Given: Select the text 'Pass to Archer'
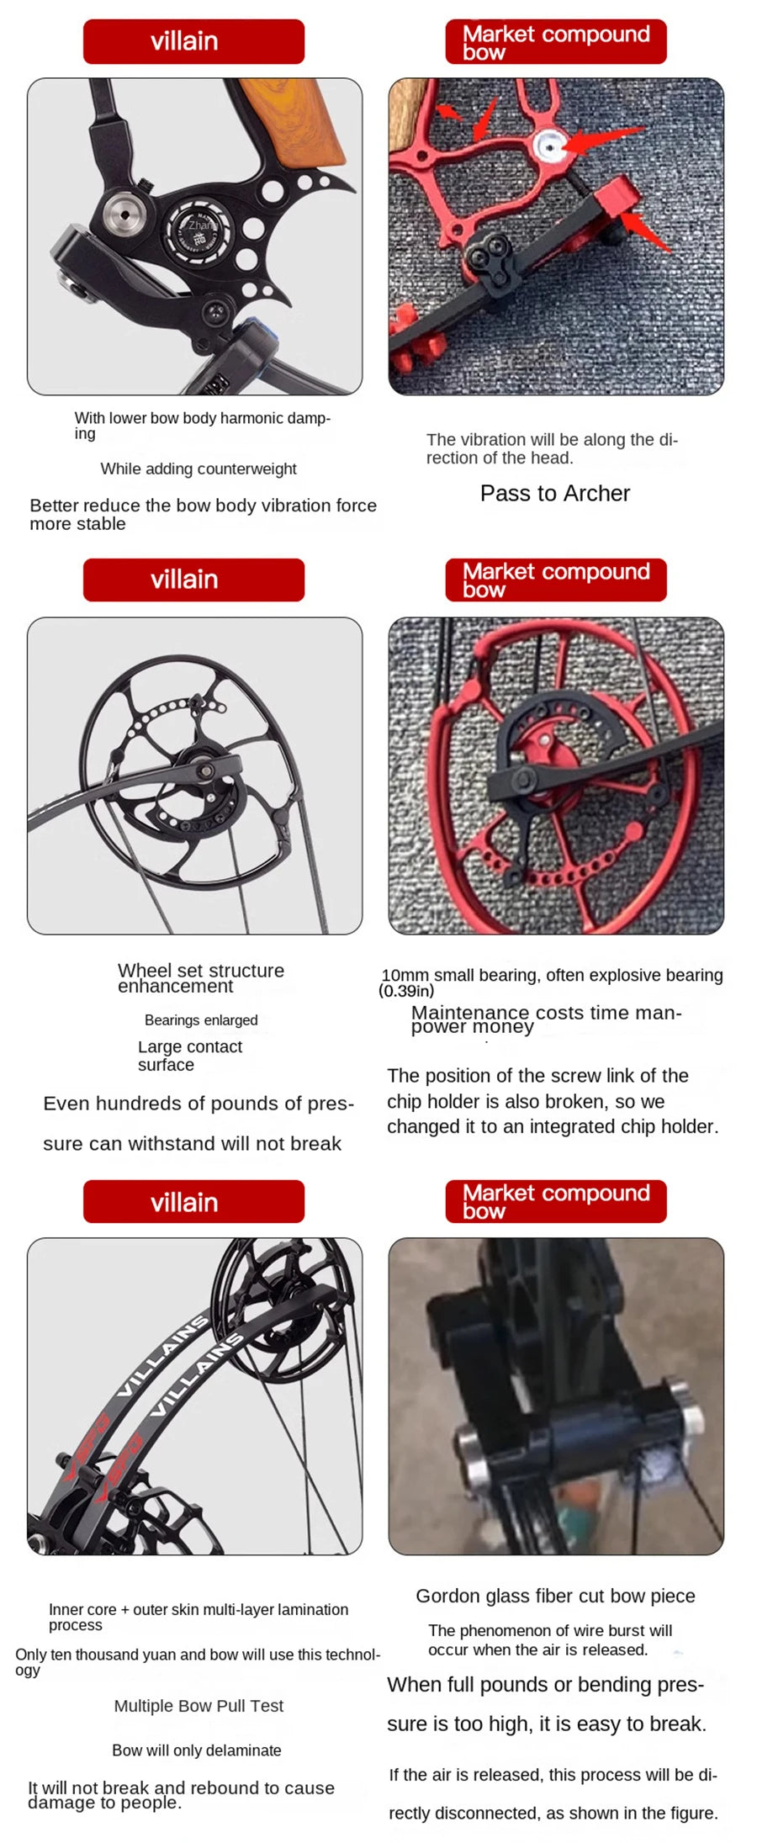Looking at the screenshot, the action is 555,493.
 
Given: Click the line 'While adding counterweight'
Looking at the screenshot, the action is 199,469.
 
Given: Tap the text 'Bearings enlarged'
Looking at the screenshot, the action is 201,1019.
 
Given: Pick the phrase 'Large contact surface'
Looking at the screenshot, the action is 190,1055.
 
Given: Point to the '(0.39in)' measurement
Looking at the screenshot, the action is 406,991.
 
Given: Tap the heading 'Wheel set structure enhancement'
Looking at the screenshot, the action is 201,977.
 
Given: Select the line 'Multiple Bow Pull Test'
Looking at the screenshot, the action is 199,1705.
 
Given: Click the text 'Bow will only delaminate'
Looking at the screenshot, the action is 197,1750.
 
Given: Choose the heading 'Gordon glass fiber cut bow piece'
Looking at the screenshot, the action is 555,1596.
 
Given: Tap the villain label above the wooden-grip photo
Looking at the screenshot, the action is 193,41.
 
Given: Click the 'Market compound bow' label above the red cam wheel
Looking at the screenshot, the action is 556,580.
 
